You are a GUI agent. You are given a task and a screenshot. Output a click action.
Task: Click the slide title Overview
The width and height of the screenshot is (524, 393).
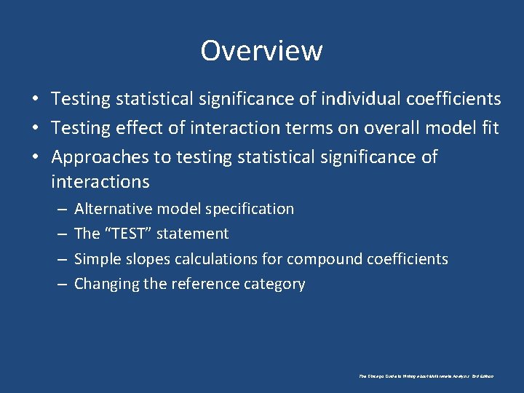[261, 51]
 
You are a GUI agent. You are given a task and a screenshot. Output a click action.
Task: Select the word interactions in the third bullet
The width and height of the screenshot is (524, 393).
[100, 180]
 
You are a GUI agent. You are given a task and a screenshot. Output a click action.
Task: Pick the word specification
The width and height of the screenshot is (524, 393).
[250, 209]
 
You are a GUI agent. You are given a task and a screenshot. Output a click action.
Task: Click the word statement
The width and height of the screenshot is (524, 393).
[192, 234]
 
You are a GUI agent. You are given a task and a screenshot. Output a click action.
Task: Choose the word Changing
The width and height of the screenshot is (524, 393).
[107, 284]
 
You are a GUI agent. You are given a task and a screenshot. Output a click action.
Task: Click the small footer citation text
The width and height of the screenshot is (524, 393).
[426, 376]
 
